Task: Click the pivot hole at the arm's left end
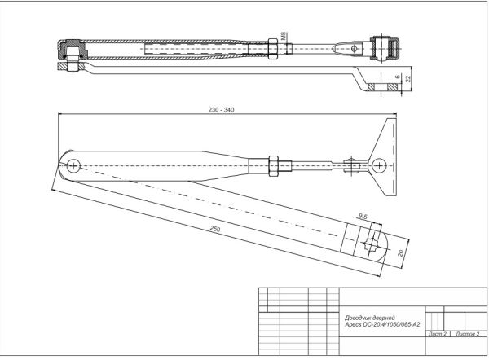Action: (x=74, y=165)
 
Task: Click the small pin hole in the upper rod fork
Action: (x=356, y=49)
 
